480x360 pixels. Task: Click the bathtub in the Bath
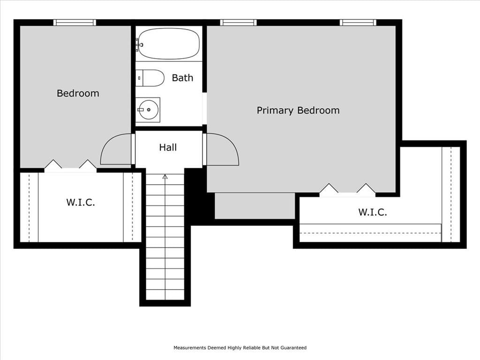(169, 44)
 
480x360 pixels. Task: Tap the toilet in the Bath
(150, 78)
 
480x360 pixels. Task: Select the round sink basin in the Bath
(149, 110)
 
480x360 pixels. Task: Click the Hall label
(168, 148)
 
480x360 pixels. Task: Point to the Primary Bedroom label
(298, 111)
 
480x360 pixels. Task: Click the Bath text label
(182, 78)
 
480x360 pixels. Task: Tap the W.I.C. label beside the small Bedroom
(81, 202)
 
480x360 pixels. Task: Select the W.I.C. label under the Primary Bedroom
(373, 212)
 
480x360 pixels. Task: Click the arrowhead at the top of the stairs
(165, 177)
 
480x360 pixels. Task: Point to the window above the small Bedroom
(75, 22)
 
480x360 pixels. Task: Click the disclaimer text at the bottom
(240, 348)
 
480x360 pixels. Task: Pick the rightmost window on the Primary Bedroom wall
(358, 22)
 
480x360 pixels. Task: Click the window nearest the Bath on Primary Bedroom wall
(238, 22)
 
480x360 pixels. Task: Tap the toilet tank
(139, 78)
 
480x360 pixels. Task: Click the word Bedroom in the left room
(78, 93)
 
